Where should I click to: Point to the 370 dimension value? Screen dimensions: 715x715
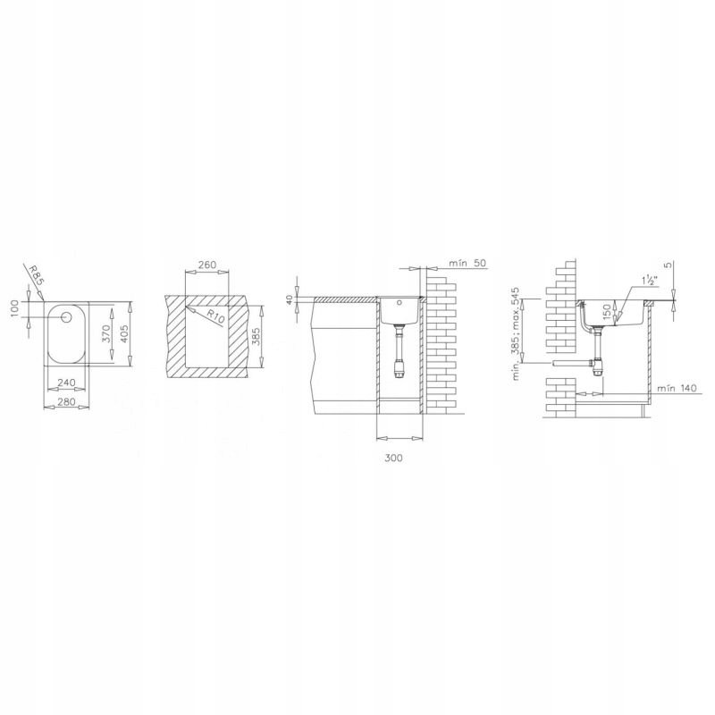[106, 333]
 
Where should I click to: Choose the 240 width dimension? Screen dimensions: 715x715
[67, 383]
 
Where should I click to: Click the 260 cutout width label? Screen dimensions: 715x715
[207, 265]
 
